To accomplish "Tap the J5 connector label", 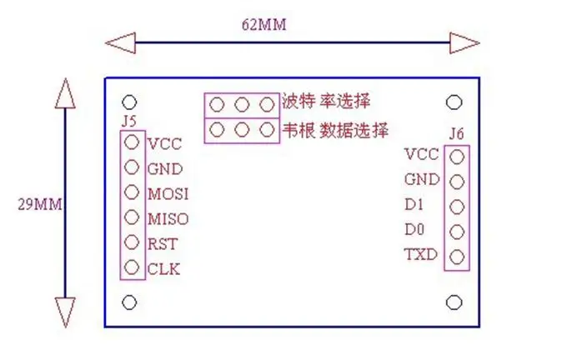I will click(x=128, y=122).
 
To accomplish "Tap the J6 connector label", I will click(x=456, y=133).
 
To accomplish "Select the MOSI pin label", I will click(x=168, y=194).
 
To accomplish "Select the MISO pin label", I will click(x=168, y=219).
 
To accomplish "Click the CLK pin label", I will click(x=163, y=269).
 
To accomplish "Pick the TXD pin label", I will click(x=421, y=254).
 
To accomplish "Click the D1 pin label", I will click(x=415, y=204).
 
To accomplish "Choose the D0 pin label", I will click(x=415, y=229).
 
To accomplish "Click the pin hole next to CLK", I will click(x=131, y=268).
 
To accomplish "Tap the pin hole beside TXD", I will click(x=456, y=256).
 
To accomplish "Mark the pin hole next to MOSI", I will click(x=131, y=192).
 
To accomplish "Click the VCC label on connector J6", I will click(x=421, y=154).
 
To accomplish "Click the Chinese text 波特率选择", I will click(x=326, y=102).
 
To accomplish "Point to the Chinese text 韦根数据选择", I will click(x=335, y=130).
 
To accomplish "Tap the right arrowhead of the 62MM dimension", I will click(x=464, y=41).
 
